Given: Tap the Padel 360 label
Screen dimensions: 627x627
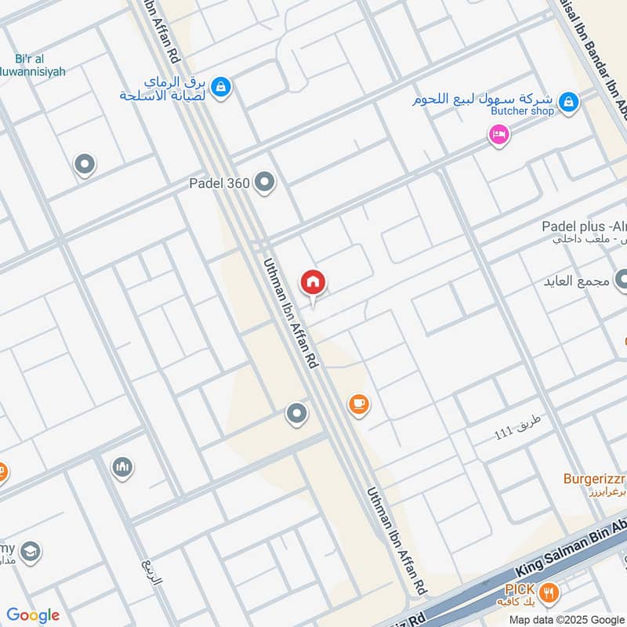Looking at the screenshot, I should pyautogui.click(x=219, y=183).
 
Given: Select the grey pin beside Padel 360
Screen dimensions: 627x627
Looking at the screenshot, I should pyautogui.click(x=265, y=183).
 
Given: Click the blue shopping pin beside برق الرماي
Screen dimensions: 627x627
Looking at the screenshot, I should pyautogui.click(x=221, y=85).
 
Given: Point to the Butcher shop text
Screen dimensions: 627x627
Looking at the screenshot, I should pyautogui.click(x=522, y=111).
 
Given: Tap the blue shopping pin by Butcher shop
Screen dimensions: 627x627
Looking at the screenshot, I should pyautogui.click(x=570, y=101).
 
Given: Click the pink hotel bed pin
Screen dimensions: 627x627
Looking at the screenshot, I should pyautogui.click(x=498, y=135).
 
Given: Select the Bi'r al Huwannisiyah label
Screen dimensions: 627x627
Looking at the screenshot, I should pyautogui.click(x=36, y=65).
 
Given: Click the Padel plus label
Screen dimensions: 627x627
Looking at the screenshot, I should pyautogui.click(x=583, y=227).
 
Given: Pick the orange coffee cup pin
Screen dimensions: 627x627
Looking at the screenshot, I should pyautogui.click(x=358, y=404).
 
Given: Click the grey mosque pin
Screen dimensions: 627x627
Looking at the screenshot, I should pyautogui.click(x=121, y=467).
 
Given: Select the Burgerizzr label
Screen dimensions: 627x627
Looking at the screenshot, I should pyautogui.click(x=594, y=478).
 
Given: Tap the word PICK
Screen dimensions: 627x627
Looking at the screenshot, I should pyautogui.click(x=520, y=589).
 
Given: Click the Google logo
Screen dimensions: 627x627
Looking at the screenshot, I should pyautogui.click(x=33, y=615).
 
